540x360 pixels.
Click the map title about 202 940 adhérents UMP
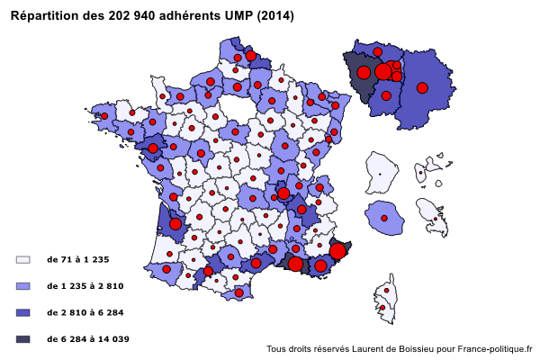pyautogui.click(x=151, y=16)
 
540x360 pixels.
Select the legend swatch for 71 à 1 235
pyautogui.click(x=23, y=259)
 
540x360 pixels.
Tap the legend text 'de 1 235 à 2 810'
pyautogui.click(x=85, y=285)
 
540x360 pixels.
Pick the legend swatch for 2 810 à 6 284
pyautogui.click(x=23, y=312)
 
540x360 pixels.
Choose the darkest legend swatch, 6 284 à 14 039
pyautogui.click(x=23, y=339)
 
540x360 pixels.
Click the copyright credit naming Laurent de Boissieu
pyautogui.click(x=400, y=349)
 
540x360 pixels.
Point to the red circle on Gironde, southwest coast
pyautogui.click(x=175, y=224)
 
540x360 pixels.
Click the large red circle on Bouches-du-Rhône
pyautogui.click(x=295, y=264)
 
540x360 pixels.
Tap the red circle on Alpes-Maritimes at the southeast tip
pyautogui.click(x=337, y=251)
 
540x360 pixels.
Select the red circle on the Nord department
pyautogui.click(x=250, y=56)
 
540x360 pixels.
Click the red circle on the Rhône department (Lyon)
pyautogui.click(x=283, y=193)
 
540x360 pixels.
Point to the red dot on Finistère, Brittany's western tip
pyautogui.click(x=105, y=115)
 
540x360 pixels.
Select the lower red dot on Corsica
pyautogui.click(x=382, y=309)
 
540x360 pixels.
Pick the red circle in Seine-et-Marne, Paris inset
pyautogui.click(x=421, y=88)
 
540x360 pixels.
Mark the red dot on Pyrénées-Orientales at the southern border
pyautogui.click(x=238, y=292)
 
